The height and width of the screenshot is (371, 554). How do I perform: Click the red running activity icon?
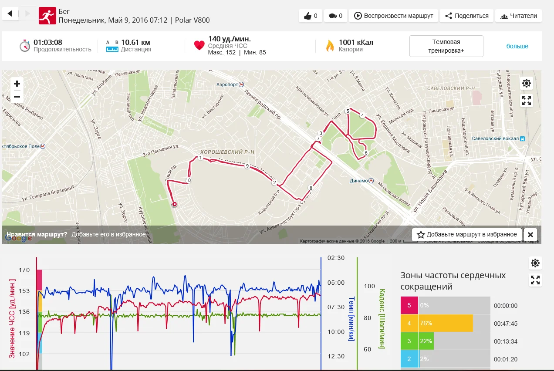click(x=47, y=16)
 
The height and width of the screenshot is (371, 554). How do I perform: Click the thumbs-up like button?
click(x=311, y=16)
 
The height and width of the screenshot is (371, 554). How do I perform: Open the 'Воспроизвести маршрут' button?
click(x=394, y=16)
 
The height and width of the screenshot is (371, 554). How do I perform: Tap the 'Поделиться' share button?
click(x=466, y=16)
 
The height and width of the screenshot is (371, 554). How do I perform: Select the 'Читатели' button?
click(x=519, y=16)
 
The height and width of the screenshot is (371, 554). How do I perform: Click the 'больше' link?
click(x=517, y=46)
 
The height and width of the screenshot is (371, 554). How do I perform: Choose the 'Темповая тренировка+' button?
click(x=446, y=46)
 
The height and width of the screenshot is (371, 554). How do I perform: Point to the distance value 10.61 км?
click(x=135, y=43)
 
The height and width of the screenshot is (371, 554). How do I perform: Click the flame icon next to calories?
click(x=330, y=46)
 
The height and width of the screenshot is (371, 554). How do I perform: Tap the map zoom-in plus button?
click(x=17, y=84)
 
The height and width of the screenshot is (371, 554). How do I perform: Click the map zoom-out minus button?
click(x=17, y=97)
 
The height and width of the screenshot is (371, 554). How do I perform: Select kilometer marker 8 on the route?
click(x=311, y=188)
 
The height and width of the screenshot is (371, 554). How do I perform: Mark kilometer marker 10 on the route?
click(x=188, y=180)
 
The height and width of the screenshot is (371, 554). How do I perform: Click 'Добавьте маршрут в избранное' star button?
click(x=467, y=234)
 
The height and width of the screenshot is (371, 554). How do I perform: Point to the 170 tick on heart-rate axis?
click(x=24, y=270)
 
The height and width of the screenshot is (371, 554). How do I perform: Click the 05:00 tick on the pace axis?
click(x=336, y=283)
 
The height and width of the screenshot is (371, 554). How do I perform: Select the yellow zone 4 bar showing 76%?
click(x=445, y=323)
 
